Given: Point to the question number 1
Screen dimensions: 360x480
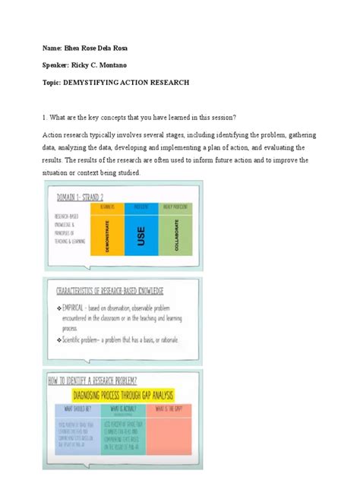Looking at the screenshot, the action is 45,116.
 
